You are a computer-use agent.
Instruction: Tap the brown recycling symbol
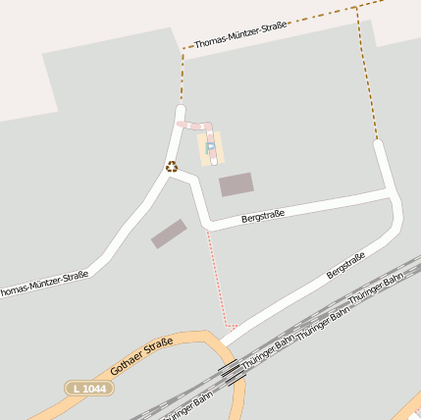click(x=172, y=166)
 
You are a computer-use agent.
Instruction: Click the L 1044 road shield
click(x=89, y=389)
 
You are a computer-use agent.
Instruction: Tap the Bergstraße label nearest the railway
click(x=345, y=265)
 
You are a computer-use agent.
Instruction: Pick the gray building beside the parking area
click(x=236, y=184)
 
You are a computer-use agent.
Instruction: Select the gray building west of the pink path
click(x=169, y=234)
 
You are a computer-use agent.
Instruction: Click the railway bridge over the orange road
click(x=231, y=372)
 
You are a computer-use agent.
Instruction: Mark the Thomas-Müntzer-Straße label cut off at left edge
click(x=44, y=283)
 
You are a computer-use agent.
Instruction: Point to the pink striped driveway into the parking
click(x=195, y=126)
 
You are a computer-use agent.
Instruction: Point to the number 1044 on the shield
click(x=94, y=389)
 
